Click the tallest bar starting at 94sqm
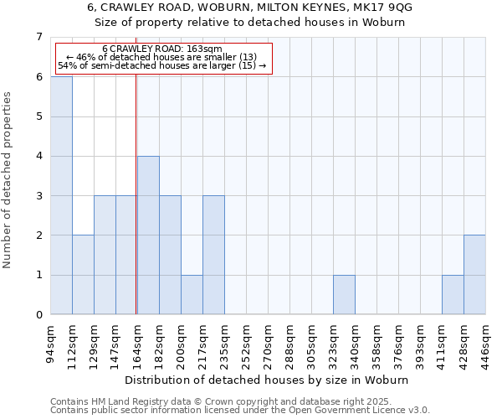61,195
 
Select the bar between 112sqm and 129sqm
83,275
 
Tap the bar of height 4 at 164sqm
148,235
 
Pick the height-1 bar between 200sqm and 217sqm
192,295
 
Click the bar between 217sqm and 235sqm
213,255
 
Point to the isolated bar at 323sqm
344,295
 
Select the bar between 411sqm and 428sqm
453,295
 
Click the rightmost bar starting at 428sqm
474,275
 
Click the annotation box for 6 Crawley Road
162,58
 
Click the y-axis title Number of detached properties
8,180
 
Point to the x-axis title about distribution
268,380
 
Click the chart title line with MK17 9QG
250,7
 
